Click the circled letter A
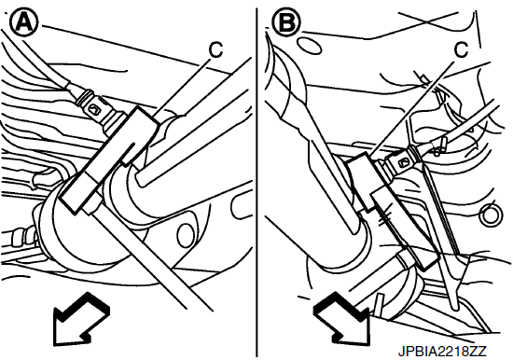click(24, 22)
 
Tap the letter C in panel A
click(215, 49)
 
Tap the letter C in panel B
click(462, 49)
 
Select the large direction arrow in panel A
click(80, 319)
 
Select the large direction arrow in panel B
click(342, 318)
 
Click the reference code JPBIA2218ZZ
click(442, 352)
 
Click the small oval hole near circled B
click(309, 46)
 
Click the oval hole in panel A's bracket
click(186, 237)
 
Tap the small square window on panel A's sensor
click(94, 109)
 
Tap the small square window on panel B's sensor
click(402, 162)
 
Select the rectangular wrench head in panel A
click(110, 160)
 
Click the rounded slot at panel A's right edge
click(241, 209)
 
